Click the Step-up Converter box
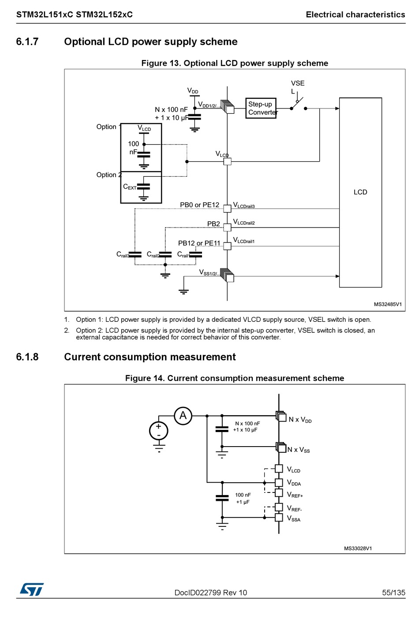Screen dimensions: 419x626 (261, 108)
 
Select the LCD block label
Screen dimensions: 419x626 (360, 192)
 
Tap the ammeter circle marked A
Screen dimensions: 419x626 (183, 416)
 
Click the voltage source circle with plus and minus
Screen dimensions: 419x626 (158, 431)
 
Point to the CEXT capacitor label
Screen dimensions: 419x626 (130, 186)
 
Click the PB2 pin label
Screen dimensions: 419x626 (213, 224)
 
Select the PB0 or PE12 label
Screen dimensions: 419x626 (200, 205)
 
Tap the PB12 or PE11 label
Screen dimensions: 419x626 (199, 243)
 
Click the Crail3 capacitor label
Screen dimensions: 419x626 (123, 254)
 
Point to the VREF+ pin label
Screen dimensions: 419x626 (295, 494)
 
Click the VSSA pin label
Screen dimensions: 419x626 (294, 518)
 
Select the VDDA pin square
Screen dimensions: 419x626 (279, 483)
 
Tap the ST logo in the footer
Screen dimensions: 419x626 (32, 589)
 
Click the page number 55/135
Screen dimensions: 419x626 (393, 592)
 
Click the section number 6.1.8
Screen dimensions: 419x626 (27, 357)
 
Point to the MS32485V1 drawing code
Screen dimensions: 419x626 (388, 304)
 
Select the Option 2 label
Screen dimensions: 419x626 (109, 175)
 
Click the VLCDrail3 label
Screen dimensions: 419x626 (244, 205)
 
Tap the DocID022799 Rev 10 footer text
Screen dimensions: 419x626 (211, 592)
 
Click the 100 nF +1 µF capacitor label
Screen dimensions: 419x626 (243, 498)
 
